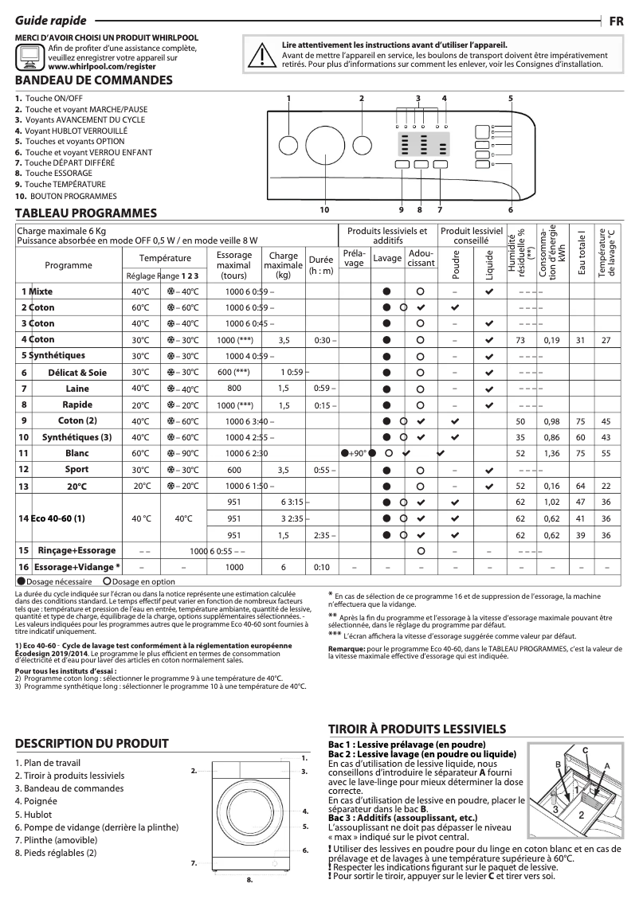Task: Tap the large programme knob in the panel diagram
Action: click(x=323, y=146)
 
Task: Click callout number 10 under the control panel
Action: click(x=324, y=209)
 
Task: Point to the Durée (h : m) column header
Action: click(x=321, y=265)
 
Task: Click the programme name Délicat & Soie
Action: click(x=75, y=372)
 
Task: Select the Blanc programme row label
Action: click(x=76, y=453)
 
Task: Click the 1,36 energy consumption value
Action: click(x=551, y=453)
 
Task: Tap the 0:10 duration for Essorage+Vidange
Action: click(x=321, y=567)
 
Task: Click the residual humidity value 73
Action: click(x=520, y=340)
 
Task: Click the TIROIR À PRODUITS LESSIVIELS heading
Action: click(x=418, y=729)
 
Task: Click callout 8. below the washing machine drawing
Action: click(x=249, y=881)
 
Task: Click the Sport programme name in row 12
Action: click(x=76, y=470)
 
